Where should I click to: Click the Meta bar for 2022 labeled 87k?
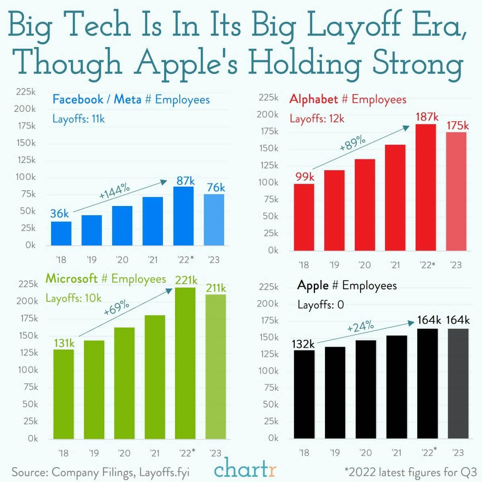(x=183, y=216)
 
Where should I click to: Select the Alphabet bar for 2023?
(x=456, y=191)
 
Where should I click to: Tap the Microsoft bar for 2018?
(x=64, y=394)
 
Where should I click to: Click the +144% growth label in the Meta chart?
(x=115, y=191)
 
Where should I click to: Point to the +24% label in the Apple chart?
(x=360, y=327)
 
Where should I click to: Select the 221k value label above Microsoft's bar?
(x=186, y=280)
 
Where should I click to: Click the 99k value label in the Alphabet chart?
(x=305, y=177)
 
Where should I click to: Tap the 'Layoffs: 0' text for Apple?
(x=321, y=305)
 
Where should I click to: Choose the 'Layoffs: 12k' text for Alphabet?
(x=317, y=119)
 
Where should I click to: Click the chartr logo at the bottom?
(x=245, y=470)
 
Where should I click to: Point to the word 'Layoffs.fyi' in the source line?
(x=164, y=472)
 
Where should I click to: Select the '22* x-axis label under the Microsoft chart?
(x=186, y=453)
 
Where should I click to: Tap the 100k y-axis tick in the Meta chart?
(x=26, y=177)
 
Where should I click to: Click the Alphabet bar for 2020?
(x=365, y=205)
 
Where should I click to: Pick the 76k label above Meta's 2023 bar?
(x=216, y=187)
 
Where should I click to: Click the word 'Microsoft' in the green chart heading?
(x=72, y=278)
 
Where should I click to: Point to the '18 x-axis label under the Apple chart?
(x=304, y=453)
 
